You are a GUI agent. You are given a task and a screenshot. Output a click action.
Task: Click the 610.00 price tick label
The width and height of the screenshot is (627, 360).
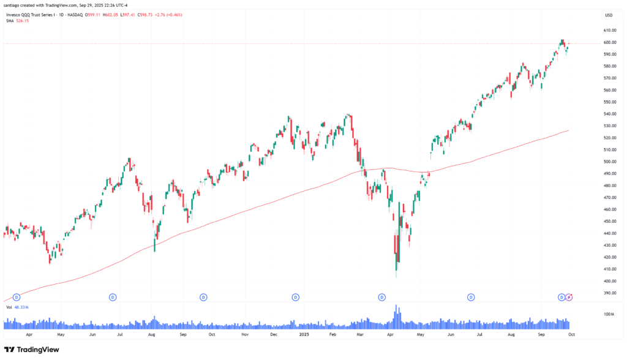pos(610,30)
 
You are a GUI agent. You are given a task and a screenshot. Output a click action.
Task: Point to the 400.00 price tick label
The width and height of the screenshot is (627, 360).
pos(610,281)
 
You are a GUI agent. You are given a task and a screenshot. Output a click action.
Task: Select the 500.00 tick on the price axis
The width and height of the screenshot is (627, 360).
pos(610,162)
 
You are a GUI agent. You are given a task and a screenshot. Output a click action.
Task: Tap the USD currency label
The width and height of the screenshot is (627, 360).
pos(609,15)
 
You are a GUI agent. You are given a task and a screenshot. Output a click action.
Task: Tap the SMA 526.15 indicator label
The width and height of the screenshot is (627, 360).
pos(17,21)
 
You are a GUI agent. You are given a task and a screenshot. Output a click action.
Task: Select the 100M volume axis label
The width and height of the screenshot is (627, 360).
pos(610,314)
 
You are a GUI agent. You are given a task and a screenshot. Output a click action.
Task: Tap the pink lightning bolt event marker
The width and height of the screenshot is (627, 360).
pos(569,297)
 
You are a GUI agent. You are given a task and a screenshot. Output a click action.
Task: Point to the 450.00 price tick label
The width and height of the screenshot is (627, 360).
pos(610,221)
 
